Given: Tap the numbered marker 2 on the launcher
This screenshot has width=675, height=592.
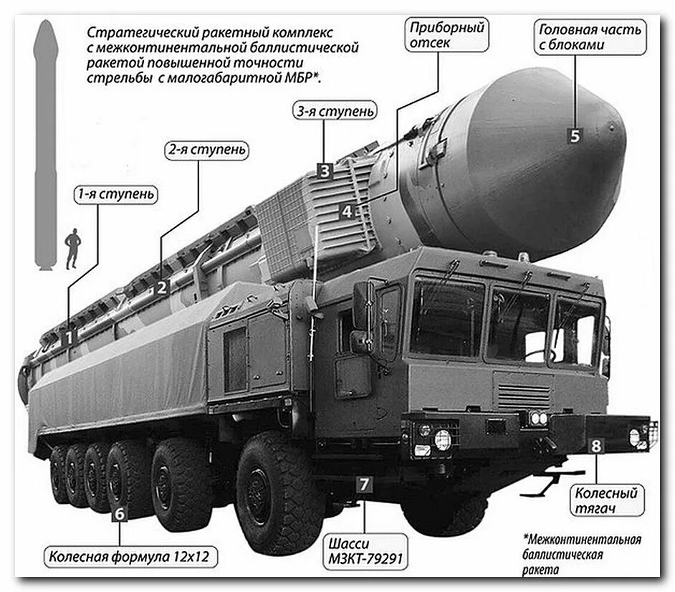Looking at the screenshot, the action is click(x=162, y=287).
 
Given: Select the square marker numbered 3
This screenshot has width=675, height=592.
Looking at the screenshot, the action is click(x=325, y=171).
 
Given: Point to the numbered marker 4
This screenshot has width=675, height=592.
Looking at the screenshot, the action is click(x=348, y=211).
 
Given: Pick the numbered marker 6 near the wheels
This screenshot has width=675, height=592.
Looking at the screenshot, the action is click(x=120, y=513).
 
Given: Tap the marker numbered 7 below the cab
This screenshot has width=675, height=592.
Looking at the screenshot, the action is click(x=365, y=484).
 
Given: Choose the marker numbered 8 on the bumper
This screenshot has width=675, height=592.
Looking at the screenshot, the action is click(x=595, y=446).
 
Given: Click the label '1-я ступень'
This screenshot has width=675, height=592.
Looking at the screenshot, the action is click(x=115, y=194).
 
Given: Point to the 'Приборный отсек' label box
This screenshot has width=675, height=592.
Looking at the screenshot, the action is click(x=446, y=35).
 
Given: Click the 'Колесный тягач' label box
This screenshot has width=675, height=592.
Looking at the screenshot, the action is click(x=606, y=501).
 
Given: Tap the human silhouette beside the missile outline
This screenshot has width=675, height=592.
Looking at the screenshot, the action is click(x=72, y=248).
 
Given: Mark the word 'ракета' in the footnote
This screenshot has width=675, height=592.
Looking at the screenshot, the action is click(x=538, y=570).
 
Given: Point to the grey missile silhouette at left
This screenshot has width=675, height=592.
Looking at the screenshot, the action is click(x=45, y=143).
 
